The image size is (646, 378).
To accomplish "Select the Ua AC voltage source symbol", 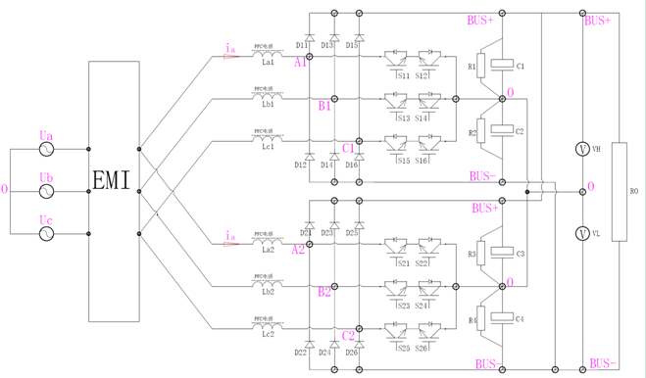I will (46, 150).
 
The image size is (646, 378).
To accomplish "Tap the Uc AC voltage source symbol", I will (46, 234).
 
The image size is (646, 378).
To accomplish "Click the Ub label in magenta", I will (46, 177).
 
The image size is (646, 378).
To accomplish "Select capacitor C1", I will (502, 66).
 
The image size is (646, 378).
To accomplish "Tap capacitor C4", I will (502, 318).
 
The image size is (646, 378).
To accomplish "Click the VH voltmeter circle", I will (582, 149).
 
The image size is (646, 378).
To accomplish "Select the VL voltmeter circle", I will (582, 234).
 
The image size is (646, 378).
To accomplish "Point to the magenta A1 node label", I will (300, 61).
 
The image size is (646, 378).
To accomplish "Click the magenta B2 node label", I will (324, 292).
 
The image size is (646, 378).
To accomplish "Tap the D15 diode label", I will (352, 45).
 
